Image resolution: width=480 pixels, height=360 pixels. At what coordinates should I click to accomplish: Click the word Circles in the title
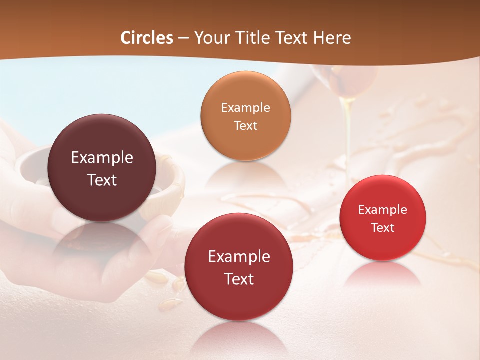(147, 38)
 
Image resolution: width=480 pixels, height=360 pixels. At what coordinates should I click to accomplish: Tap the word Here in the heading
(332, 38)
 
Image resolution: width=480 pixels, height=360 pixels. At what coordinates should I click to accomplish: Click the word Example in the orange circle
(245, 107)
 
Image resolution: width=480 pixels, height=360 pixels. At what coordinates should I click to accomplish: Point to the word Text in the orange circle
(245, 125)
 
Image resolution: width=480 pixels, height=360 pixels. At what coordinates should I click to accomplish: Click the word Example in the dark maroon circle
(102, 158)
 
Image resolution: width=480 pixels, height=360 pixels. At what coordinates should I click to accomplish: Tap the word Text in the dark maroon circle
(102, 180)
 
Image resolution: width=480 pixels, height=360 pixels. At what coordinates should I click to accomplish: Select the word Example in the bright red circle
(382, 209)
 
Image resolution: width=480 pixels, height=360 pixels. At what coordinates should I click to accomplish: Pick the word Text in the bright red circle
(382, 227)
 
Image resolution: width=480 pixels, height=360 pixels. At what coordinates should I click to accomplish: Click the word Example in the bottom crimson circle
(239, 256)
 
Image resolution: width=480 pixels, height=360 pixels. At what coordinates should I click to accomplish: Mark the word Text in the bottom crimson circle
(239, 278)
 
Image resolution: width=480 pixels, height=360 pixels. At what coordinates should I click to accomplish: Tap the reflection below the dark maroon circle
(102, 240)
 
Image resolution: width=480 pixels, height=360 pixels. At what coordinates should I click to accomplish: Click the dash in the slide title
(183, 38)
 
